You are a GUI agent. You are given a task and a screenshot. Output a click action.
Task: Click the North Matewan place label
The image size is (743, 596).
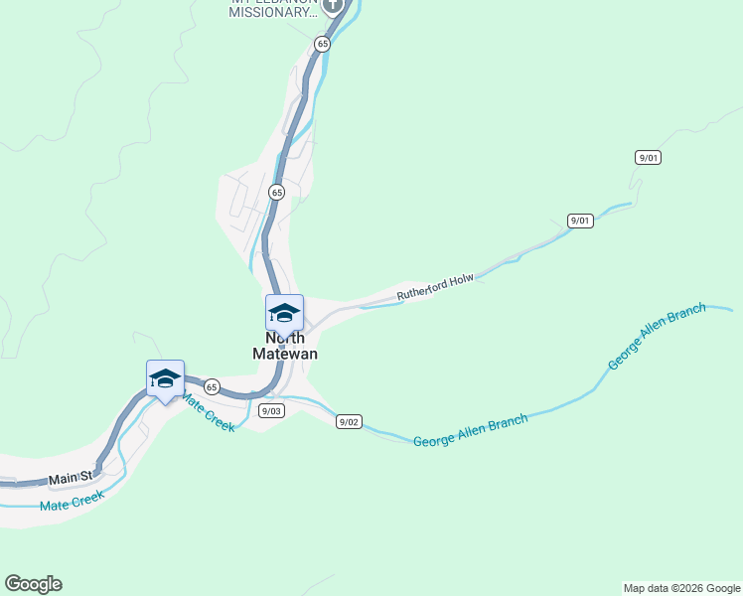pyautogui.click(x=284, y=345)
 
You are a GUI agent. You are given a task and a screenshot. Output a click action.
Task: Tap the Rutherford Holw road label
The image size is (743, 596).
pyautogui.click(x=435, y=287)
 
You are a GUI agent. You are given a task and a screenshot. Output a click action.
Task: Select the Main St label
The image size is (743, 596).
pyautogui.click(x=72, y=478)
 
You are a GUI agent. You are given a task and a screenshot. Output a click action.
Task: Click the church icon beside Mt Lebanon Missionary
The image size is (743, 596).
pyautogui.click(x=332, y=5)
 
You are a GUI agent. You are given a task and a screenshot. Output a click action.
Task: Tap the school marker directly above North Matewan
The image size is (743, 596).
pyautogui.click(x=284, y=314)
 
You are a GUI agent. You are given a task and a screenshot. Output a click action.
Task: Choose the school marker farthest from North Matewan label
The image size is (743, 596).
pyautogui.click(x=165, y=379)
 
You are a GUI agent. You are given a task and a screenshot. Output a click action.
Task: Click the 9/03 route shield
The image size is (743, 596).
pyautogui.click(x=271, y=410)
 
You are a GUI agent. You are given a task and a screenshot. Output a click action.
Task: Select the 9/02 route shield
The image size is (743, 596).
pyautogui.click(x=349, y=421)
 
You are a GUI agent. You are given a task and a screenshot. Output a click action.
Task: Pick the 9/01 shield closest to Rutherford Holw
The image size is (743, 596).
pyautogui.click(x=580, y=221)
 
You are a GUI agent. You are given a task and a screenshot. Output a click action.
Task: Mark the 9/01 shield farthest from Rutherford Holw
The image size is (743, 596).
pyautogui.click(x=649, y=158)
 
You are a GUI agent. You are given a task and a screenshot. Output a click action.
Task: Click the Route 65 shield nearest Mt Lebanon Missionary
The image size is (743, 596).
pyautogui.click(x=322, y=44)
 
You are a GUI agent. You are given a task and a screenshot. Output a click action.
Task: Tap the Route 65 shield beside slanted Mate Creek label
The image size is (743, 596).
pyautogui.click(x=212, y=385)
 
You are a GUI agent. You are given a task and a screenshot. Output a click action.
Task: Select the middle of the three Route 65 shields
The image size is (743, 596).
pyautogui.click(x=276, y=192)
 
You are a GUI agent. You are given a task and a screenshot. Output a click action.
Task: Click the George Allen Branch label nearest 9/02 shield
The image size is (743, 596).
pyautogui.click(x=470, y=430)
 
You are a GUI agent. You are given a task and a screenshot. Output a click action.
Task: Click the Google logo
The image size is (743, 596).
pyautogui.click(x=33, y=584)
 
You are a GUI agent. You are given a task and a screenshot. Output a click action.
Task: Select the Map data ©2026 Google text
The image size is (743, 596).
pyautogui.click(x=681, y=588)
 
